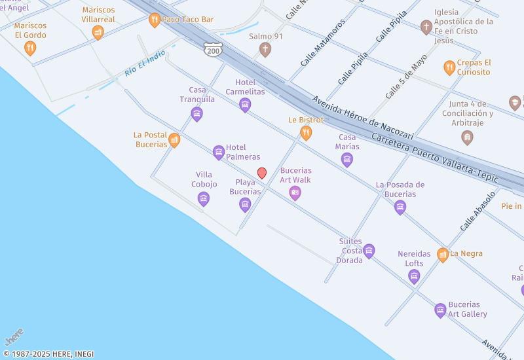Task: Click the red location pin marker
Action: point(262,173)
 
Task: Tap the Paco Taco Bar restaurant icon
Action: point(155,20)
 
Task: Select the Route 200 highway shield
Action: point(213,49)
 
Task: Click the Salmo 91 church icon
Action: point(265,49)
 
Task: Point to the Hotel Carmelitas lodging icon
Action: point(245,105)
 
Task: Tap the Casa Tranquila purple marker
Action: point(196,115)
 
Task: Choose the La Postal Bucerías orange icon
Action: point(174,140)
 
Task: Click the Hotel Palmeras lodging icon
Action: point(219,153)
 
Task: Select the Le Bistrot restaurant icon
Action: point(306,134)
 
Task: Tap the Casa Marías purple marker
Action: point(347,159)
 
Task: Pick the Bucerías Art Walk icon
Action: point(295,192)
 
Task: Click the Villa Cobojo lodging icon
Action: point(204,199)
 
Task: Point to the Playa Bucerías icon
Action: point(245,205)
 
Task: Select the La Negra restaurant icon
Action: point(443,255)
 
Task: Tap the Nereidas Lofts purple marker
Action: point(414,276)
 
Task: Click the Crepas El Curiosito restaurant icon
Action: point(449,67)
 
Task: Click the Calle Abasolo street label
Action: point(477,211)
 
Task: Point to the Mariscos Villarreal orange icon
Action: point(98,32)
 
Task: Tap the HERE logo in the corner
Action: point(14,337)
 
